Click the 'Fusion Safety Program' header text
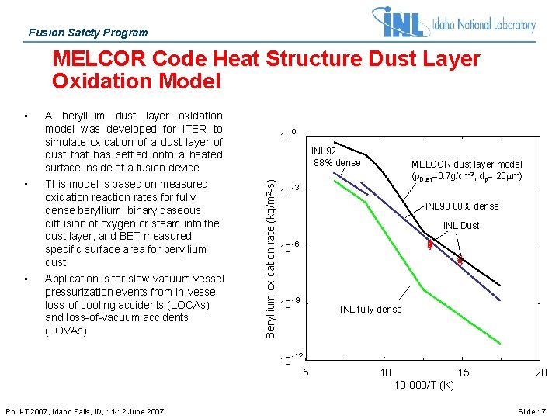pos(87,33)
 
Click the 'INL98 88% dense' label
pos(462,206)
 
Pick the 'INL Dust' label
pos(461,226)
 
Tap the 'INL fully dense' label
pos(371,310)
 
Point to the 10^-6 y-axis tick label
pos(290,248)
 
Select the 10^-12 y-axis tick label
pos(291,359)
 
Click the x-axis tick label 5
pos(306,373)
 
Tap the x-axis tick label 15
pos(464,373)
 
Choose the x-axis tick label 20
pos(541,373)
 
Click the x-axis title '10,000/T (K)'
pos(423,386)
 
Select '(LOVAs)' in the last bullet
pos(66,331)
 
